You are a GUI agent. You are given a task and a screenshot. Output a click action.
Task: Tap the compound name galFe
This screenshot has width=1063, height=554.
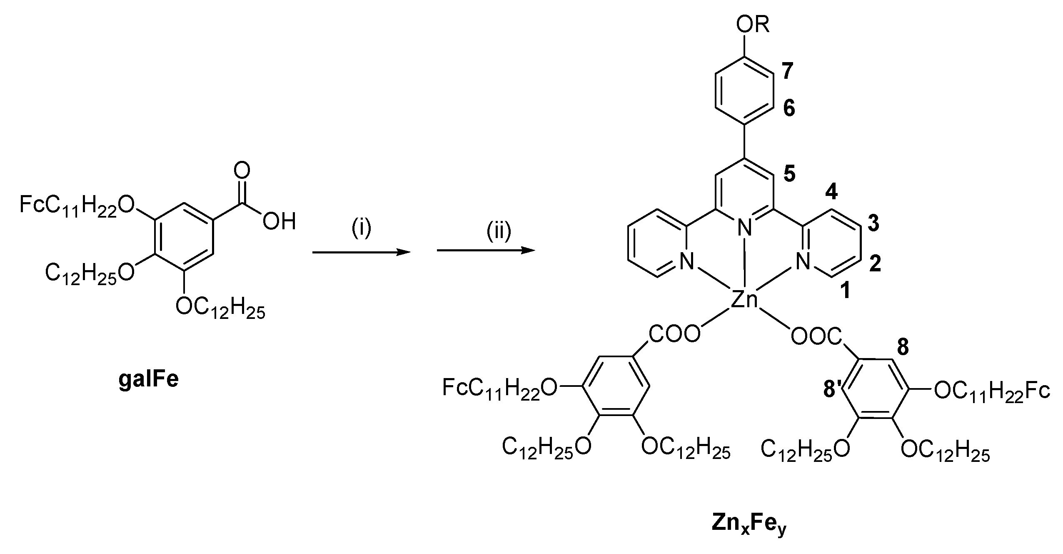click(x=148, y=380)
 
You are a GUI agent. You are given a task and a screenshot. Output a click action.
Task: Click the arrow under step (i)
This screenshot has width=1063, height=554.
click(x=361, y=252)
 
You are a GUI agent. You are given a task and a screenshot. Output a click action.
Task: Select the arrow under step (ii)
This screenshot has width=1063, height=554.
click(x=485, y=251)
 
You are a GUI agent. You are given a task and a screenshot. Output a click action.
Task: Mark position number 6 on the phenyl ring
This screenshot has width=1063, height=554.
click(x=789, y=108)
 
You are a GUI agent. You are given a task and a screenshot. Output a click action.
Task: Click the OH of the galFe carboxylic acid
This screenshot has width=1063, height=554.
click(x=279, y=221)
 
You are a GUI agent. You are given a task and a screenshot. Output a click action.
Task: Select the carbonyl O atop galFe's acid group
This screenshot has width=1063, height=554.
click(x=242, y=171)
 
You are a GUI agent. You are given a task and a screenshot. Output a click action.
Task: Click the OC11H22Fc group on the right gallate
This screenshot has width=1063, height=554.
click(x=991, y=392)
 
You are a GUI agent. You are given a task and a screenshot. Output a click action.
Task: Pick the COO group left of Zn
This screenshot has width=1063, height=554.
click(x=674, y=334)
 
